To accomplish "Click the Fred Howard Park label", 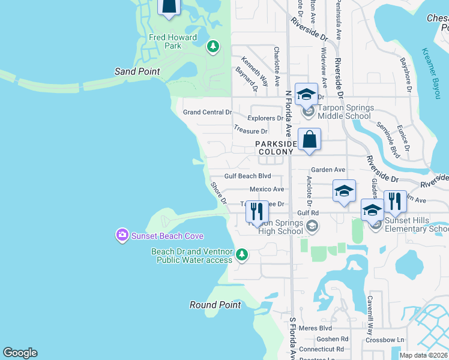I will (173, 41).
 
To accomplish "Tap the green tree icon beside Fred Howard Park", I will (212, 46).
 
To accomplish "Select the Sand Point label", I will (137, 71).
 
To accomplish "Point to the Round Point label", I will (215, 305).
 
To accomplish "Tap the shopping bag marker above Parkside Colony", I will (309, 140).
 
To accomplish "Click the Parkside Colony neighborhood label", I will (276, 148).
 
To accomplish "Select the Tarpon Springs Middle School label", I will (345, 112).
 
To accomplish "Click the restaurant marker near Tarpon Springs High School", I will (257, 212).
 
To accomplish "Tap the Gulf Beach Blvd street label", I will (248, 176).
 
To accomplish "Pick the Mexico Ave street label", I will (267, 189).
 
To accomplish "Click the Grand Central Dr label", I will (207, 112).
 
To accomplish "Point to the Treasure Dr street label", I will (250, 131).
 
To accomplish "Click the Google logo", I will (20, 353).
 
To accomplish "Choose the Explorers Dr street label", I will (264, 119).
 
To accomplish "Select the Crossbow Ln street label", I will (384, 340).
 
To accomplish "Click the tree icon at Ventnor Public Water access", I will (242, 254).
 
